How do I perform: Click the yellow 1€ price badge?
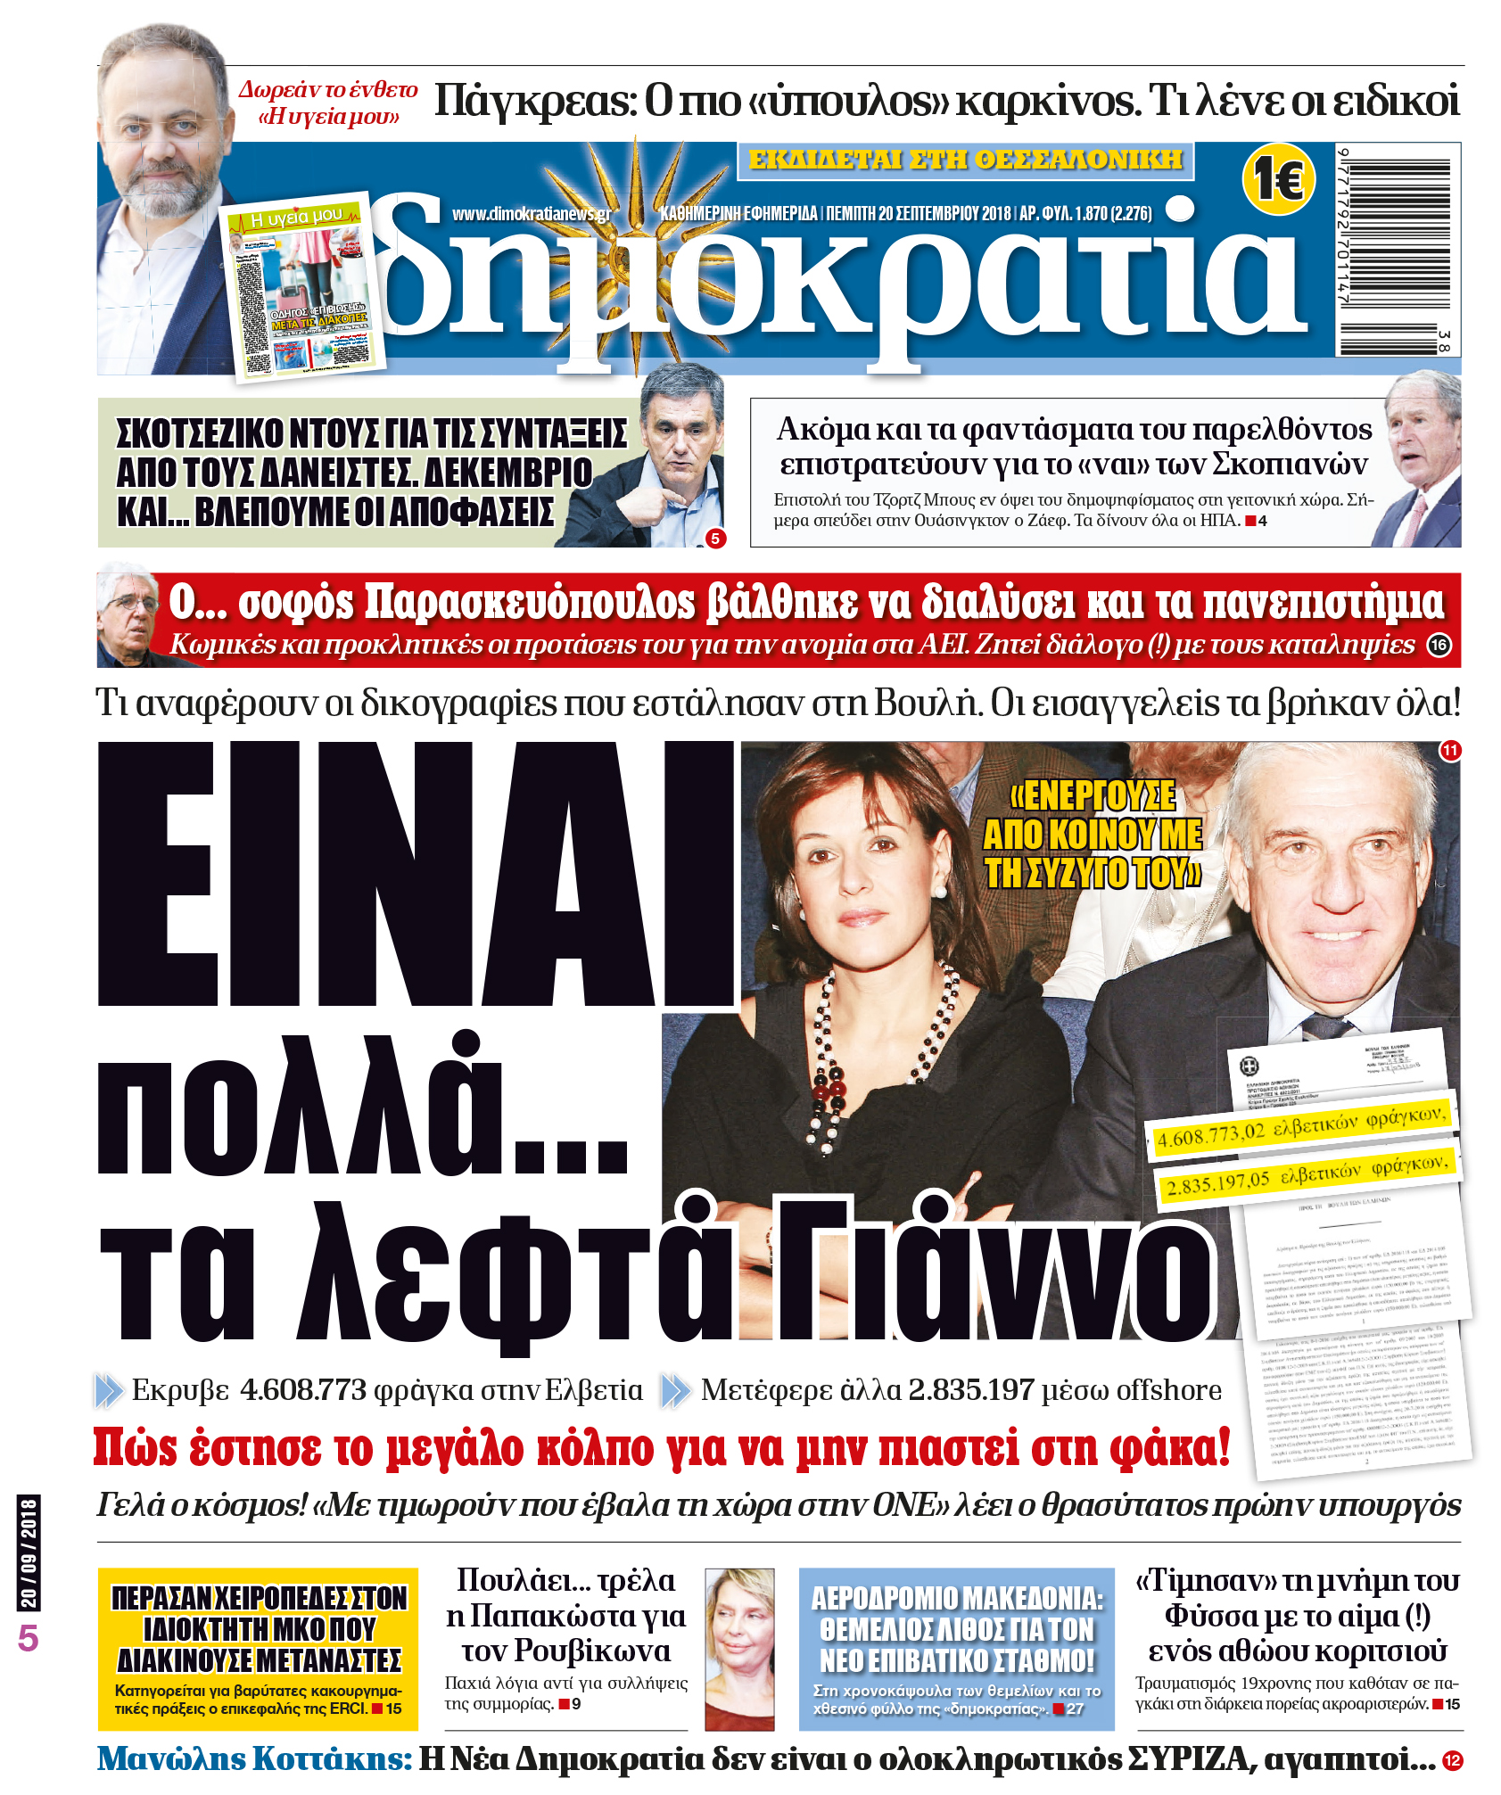coord(1278,178)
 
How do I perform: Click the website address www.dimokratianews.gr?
coord(532,214)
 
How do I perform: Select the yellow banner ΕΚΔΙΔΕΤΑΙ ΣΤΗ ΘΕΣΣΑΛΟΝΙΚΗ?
coord(965,161)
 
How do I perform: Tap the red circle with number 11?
coord(1450,750)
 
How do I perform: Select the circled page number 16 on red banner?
coord(1439,645)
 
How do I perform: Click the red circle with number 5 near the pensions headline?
coord(714,539)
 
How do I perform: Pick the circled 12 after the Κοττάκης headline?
coord(1452,1760)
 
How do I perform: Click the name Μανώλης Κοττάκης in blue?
coord(254,1758)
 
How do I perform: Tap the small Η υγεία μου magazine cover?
coord(303,287)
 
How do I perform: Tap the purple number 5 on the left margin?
coord(29,1638)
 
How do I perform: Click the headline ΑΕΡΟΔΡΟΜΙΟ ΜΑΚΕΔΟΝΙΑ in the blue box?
coord(956,1629)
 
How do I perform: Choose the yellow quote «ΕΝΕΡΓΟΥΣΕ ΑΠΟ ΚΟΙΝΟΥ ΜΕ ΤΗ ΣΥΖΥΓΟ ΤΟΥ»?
coord(1092,835)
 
